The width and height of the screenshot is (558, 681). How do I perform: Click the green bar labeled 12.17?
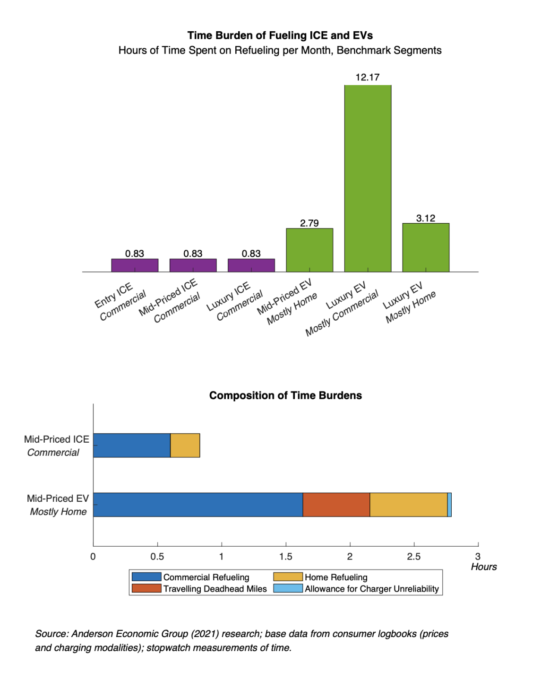[x=368, y=178]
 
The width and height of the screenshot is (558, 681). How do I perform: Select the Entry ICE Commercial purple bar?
[x=135, y=265]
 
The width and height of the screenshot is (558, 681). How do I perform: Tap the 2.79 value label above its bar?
[x=309, y=223]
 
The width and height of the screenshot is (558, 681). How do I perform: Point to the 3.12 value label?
[x=426, y=218]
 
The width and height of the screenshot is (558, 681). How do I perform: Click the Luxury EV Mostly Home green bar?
[x=426, y=247]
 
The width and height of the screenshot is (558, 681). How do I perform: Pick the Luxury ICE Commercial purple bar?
[x=251, y=265]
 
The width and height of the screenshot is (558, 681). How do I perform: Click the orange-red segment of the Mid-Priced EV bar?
[x=336, y=505]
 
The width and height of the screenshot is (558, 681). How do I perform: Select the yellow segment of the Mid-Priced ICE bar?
[x=185, y=445]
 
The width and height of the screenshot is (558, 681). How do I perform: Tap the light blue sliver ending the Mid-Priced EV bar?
[x=449, y=505]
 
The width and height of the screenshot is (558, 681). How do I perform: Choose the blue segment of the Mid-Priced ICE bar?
[x=132, y=445]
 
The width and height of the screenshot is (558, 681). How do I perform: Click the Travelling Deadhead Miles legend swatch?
[x=146, y=589]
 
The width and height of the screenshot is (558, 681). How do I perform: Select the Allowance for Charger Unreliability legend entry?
[x=371, y=589]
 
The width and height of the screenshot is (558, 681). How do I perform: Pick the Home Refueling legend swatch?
[x=288, y=577]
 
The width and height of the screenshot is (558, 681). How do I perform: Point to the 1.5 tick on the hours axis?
[x=286, y=557]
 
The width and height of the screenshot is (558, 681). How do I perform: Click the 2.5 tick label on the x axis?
[x=414, y=557]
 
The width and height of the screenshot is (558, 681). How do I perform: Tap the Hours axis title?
[x=484, y=567]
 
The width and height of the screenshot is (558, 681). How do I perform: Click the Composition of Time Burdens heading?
[x=285, y=395]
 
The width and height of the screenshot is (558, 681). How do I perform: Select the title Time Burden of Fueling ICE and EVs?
[x=280, y=35]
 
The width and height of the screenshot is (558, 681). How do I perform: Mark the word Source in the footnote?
[x=51, y=634]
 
